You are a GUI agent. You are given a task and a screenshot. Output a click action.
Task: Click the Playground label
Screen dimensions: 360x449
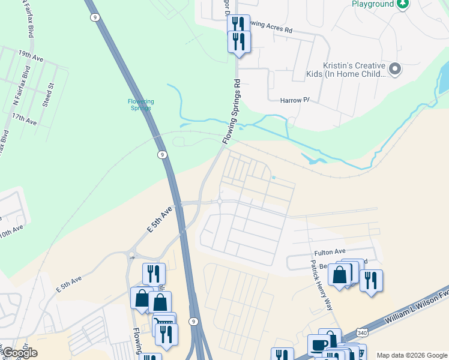click(373, 4)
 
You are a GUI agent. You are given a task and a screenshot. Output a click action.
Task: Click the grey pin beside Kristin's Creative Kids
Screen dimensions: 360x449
click(395, 69)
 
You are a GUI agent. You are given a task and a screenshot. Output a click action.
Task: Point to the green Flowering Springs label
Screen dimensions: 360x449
click(140, 104)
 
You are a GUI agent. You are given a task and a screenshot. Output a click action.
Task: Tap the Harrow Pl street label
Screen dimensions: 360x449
click(295, 100)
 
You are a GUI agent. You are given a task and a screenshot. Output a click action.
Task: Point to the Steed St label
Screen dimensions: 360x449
click(50, 95)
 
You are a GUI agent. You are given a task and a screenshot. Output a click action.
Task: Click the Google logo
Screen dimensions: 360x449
click(19, 353)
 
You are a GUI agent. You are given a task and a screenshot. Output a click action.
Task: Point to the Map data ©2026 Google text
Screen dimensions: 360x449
click(412, 355)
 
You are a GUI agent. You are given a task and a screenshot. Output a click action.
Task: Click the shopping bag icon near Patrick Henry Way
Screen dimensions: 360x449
click(340, 275)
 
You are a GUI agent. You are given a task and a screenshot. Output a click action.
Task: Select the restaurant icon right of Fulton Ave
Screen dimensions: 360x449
click(372, 280)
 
